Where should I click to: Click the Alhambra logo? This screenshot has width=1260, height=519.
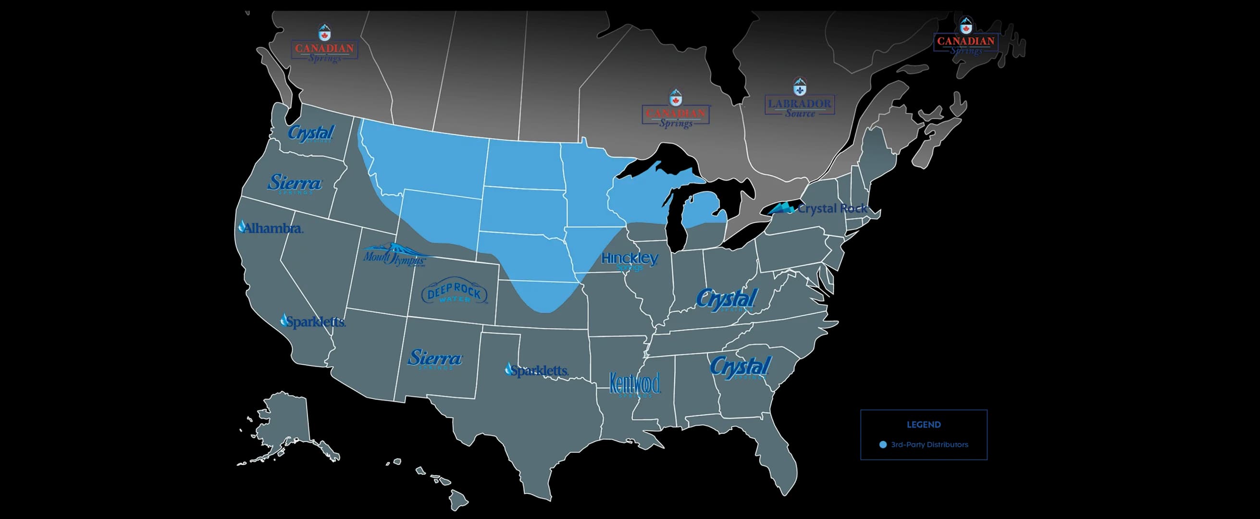pos(271,227)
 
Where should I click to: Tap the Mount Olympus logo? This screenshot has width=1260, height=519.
pos(394,255)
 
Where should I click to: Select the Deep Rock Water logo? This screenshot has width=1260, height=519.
pos(454,293)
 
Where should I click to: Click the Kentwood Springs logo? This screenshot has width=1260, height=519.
pos(634,384)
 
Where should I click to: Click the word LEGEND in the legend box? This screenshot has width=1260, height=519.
pos(924,425)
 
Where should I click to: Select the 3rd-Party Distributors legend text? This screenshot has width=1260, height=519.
pos(929,445)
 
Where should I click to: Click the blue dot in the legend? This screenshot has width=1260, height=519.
pos(883,445)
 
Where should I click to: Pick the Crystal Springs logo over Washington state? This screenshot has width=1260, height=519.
pos(310,133)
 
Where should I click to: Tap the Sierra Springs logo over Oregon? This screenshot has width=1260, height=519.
pos(295,184)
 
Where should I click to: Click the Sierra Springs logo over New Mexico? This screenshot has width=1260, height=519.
pos(434,358)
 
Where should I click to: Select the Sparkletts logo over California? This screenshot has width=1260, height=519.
pos(312,321)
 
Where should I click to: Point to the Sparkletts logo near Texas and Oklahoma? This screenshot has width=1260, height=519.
pos(537,371)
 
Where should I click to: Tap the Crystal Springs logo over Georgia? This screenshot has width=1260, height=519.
pos(740,368)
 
